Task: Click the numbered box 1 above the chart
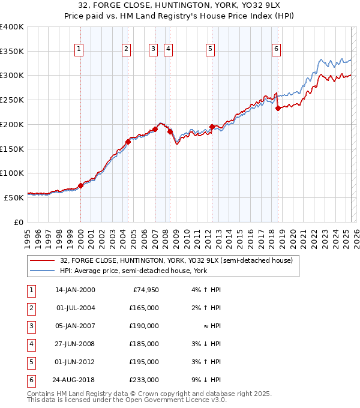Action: pyautogui.click(x=79, y=50)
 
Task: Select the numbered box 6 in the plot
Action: pyautogui.click(x=276, y=50)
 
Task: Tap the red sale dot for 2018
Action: pyautogui.click(x=278, y=109)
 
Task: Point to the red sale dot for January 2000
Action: pyautogui.click(x=80, y=185)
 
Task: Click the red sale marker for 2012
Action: pyautogui.click(x=212, y=127)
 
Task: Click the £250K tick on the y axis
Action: pyautogui.click(x=12, y=100)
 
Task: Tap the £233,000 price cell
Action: pyautogui.click(x=144, y=380)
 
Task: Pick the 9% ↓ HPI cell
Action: pyautogui.click(x=211, y=380)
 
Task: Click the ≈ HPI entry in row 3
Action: pyautogui.click(x=213, y=326)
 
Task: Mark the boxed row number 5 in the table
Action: pyautogui.click(x=30, y=362)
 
